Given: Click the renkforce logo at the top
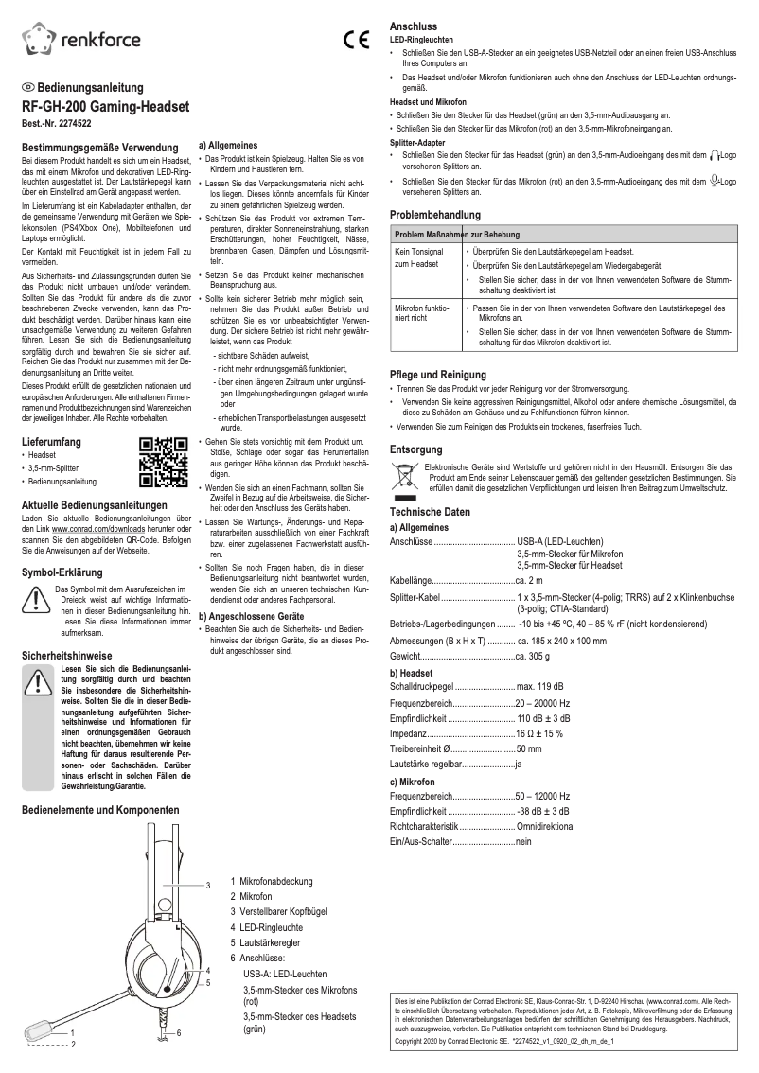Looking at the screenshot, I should pos(81,39).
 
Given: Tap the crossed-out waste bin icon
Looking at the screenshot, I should pos(404,475).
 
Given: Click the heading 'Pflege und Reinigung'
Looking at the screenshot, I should pos(437,375).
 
